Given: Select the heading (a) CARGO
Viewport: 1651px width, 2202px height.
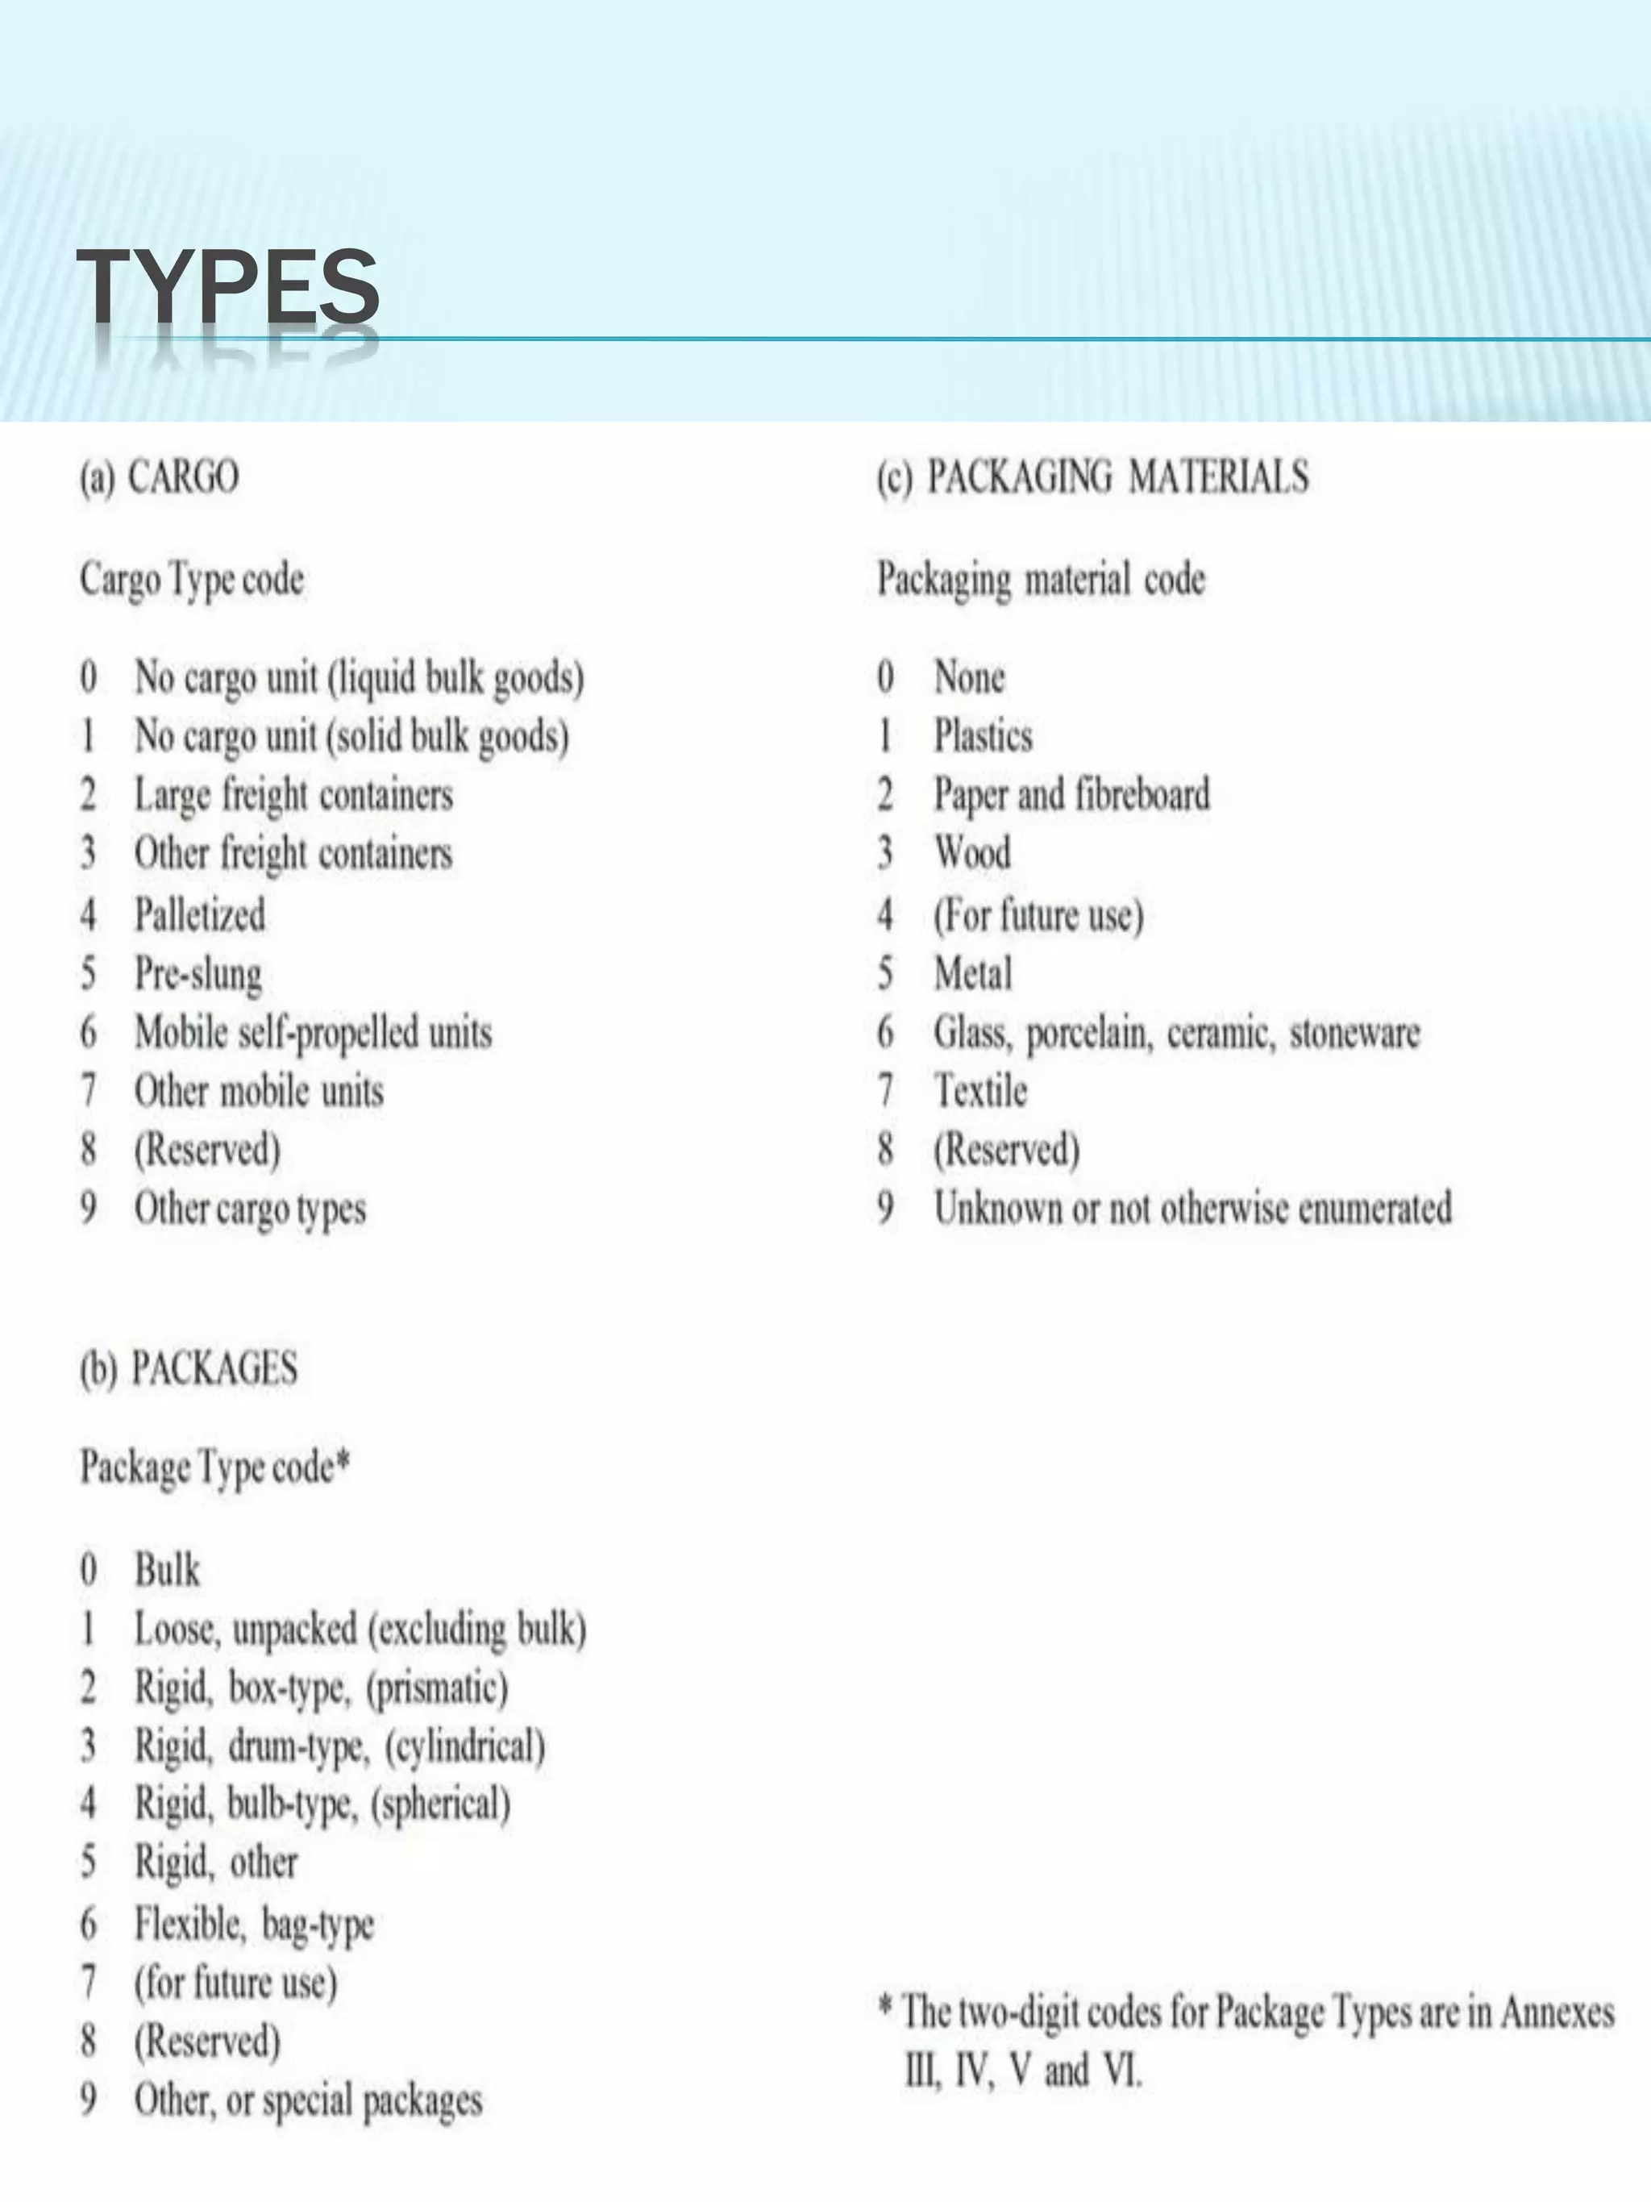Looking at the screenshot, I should [x=160, y=477].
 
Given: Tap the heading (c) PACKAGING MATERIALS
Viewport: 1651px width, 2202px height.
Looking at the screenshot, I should [x=1092, y=477].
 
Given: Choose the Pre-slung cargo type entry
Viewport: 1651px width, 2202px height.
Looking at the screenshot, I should [x=198, y=973].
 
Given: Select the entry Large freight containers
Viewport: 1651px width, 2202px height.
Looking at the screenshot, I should [x=293, y=795].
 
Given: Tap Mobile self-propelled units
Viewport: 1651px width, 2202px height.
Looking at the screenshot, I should [x=314, y=1032].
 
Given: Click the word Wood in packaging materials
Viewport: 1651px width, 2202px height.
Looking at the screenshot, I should [x=972, y=853].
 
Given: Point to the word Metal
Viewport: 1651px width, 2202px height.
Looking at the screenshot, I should [x=972, y=972].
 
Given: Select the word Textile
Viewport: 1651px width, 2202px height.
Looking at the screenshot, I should [x=980, y=1091].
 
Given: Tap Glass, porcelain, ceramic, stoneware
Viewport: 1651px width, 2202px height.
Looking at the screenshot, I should [x=1176, y=1032].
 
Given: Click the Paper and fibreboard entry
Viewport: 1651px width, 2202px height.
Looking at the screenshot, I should [x=1072, y=795].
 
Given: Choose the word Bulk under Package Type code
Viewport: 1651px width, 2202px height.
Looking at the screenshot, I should [x=167, y=1570].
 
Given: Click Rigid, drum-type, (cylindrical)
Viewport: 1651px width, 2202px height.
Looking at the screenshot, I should [x=339, y=1747].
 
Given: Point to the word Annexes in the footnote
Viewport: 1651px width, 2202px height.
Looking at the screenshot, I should [x=1557, y=2012].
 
